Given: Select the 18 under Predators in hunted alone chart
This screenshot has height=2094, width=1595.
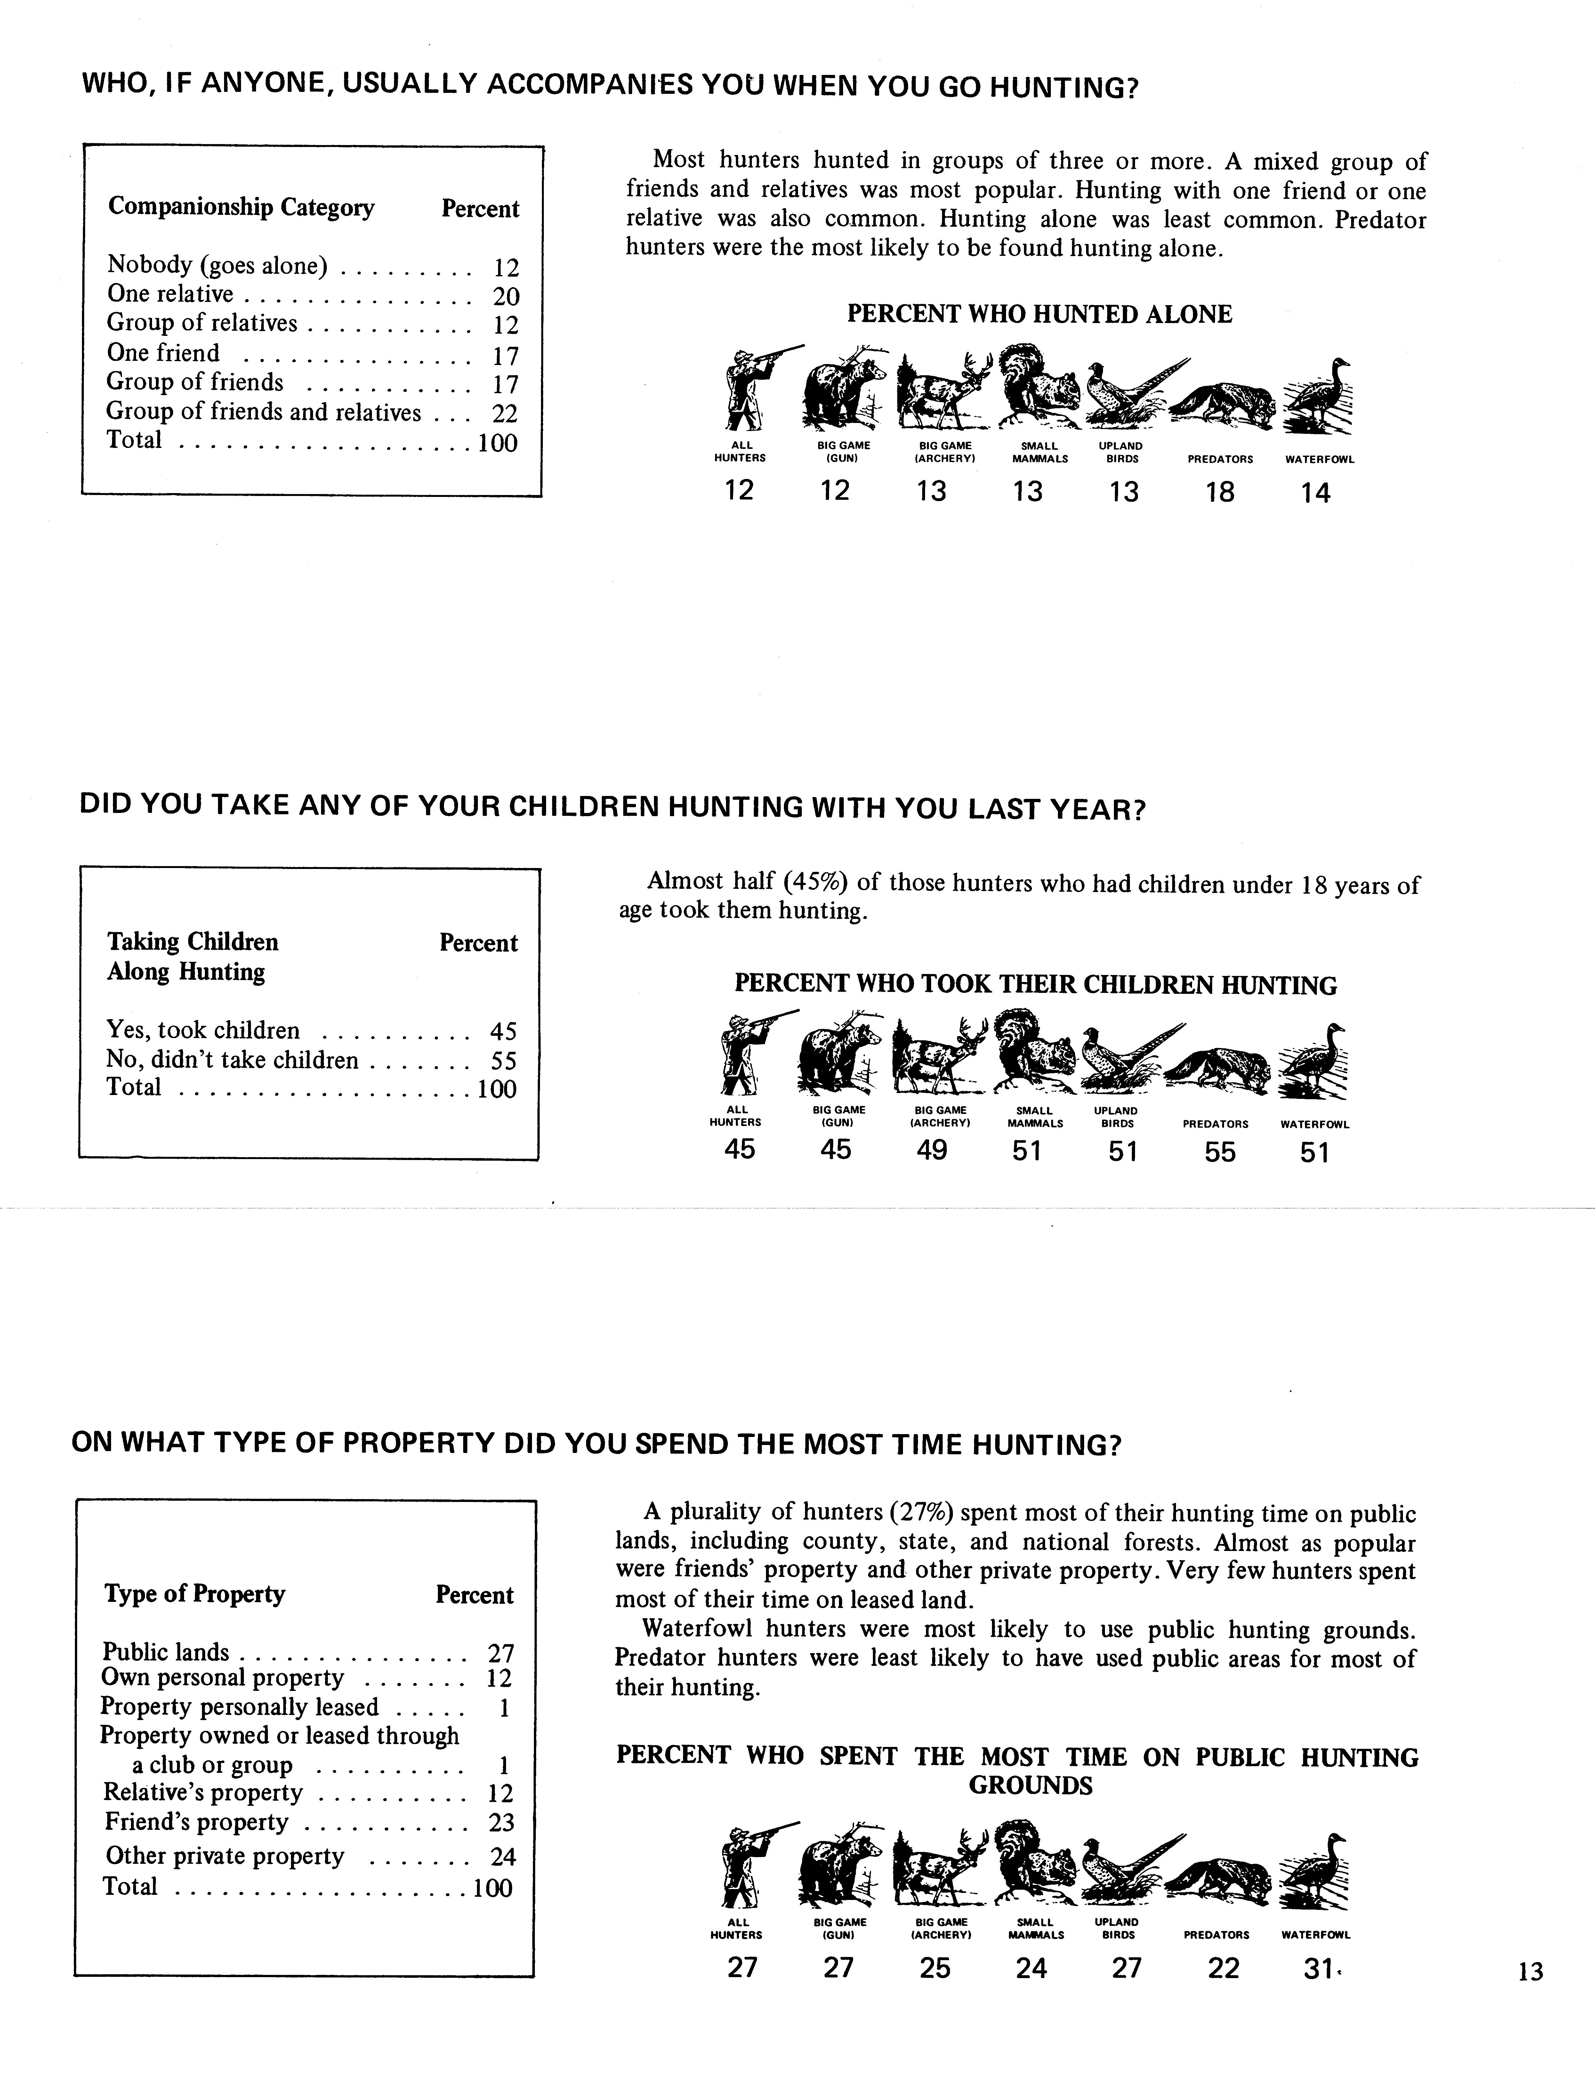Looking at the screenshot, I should click(1220, 492).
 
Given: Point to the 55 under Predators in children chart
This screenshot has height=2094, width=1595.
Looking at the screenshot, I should click(1220, 1152).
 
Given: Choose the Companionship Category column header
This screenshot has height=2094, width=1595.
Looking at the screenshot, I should click(241, 207).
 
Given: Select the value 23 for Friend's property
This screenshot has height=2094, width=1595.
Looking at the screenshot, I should click(500, 1822).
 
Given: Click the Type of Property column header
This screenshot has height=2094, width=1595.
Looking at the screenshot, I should click(195, 1594).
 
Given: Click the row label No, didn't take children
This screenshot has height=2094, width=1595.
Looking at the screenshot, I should click(233, 1060).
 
